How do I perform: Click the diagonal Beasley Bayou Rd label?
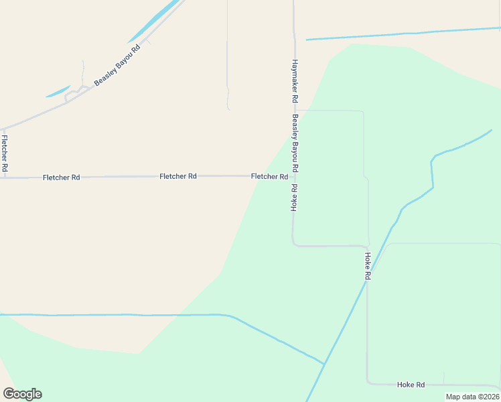click(x=117, y=64)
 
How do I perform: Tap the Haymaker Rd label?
click(x=295, y=80)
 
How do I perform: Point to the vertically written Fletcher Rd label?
click(x=5, y=154)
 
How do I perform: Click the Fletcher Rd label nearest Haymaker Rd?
click(x=269, y=177)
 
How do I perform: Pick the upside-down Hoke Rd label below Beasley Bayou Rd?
click(x=293, y=198)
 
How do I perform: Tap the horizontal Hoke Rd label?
click(x=411, y=385)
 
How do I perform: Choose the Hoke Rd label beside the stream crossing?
click(x=368, y=266)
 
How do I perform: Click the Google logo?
click(x=22, y=394)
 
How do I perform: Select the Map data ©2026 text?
click(x=472, y=397)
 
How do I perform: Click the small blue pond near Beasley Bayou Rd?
click(x=58, y=91)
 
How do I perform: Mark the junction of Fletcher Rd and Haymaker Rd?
click(x=293, y=176)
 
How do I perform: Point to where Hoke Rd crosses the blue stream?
click(x=367, y=279)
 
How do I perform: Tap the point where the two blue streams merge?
click(x=324, y=364)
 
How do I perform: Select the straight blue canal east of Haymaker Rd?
click(x=402, y=33)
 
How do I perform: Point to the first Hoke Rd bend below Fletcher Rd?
click(x=293, y=244)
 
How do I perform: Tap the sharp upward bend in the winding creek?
click(x=433, y=161)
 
